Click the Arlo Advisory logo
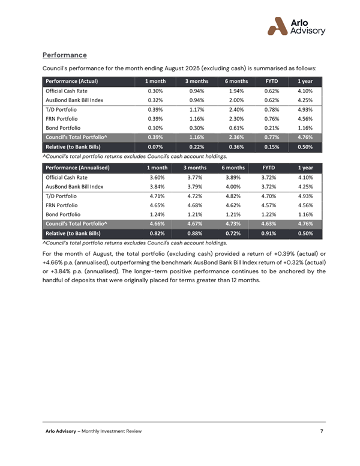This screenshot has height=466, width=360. (x=296, y=26)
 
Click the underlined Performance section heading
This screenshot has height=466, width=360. (x=65, y=55)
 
